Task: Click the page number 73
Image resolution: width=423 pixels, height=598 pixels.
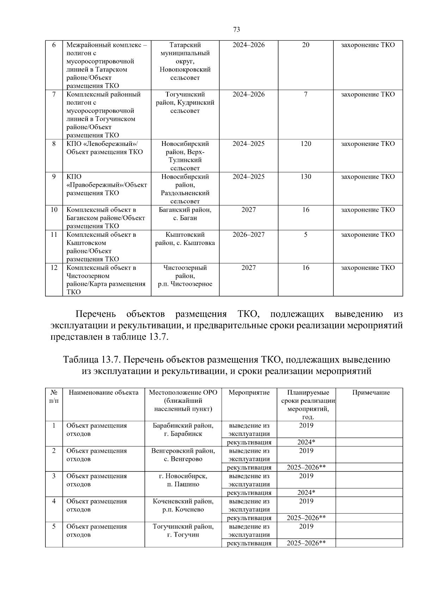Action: coord(237,30)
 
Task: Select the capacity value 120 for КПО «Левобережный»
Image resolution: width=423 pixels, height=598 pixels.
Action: coord(306,144)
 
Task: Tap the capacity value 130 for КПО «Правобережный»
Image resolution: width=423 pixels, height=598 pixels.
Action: coord(306,177)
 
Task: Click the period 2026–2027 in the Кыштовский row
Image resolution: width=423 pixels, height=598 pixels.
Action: coord(249,235)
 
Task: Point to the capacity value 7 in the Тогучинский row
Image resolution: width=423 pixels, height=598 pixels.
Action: coord(306,94)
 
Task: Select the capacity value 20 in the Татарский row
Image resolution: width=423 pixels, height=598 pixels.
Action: coord(306,45)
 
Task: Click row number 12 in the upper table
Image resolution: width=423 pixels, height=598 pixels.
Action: coord(54,268)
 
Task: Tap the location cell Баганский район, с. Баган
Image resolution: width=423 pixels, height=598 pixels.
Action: coord(185,214)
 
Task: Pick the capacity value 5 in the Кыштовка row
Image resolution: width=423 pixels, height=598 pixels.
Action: coord(306,235)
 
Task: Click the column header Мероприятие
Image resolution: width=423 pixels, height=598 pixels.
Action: coord(249,393)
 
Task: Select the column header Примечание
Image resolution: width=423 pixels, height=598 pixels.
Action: coord(371,393)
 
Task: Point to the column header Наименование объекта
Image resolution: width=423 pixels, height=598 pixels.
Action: coord(103,393)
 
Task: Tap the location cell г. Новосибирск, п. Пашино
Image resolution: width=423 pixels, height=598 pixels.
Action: coord(183,480)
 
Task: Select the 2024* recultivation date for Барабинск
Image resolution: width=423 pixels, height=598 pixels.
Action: coord(306,442)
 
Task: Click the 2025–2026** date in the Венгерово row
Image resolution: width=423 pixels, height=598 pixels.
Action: coord(306,468)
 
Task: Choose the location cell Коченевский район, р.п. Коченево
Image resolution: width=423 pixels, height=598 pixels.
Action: coord(183,505)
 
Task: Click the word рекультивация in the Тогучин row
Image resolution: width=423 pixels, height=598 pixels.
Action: coord(249,543)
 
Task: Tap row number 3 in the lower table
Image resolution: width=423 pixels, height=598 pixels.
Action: coord(54,476)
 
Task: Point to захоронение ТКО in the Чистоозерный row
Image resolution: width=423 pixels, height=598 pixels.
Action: coord(368,268)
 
